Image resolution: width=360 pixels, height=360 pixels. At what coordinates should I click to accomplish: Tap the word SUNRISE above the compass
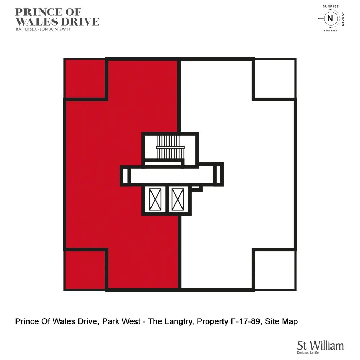330,6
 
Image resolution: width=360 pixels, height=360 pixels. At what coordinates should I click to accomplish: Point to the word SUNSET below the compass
330,31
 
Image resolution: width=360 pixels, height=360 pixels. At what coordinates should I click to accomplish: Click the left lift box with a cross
156,199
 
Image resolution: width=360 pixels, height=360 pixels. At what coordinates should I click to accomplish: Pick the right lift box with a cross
177,199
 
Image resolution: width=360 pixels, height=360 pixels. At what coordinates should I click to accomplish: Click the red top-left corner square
85,78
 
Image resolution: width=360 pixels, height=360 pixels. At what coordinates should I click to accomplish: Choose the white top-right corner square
275,78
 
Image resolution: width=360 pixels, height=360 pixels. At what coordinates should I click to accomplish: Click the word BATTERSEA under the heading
27,30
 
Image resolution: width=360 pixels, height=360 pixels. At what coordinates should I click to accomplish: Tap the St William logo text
320,345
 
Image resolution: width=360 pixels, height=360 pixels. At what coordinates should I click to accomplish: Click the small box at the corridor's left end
125,176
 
